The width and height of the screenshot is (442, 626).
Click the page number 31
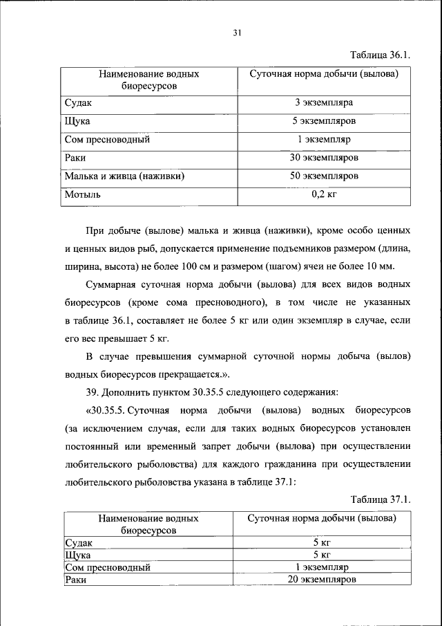236,33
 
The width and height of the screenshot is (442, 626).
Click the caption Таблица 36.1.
381,55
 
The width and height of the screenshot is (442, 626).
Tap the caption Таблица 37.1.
381,499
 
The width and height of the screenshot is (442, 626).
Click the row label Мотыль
83,194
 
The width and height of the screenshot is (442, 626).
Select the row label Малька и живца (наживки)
124,176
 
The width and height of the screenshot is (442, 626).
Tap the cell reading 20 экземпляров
322,580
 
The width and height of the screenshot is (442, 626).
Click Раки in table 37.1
75,580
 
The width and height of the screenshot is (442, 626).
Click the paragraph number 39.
92,392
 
